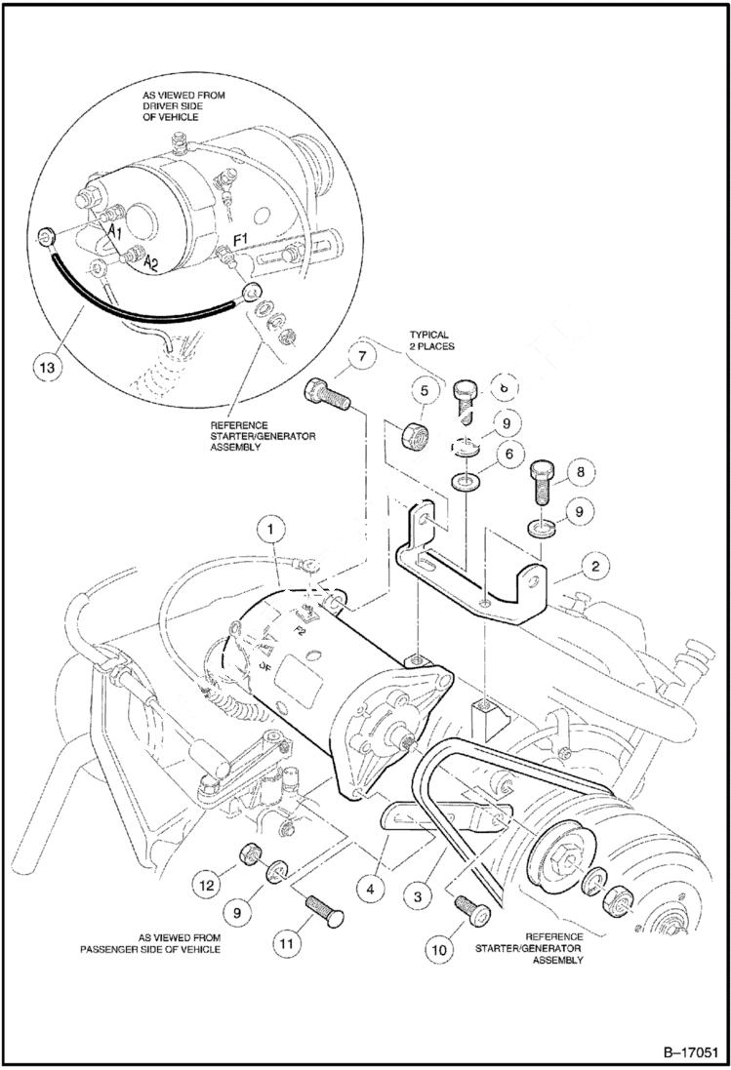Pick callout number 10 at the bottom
[439, 946]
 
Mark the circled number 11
[286, 943]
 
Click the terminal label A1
[115, 229]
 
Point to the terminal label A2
[150, 263]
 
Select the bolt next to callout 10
[471, 907]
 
